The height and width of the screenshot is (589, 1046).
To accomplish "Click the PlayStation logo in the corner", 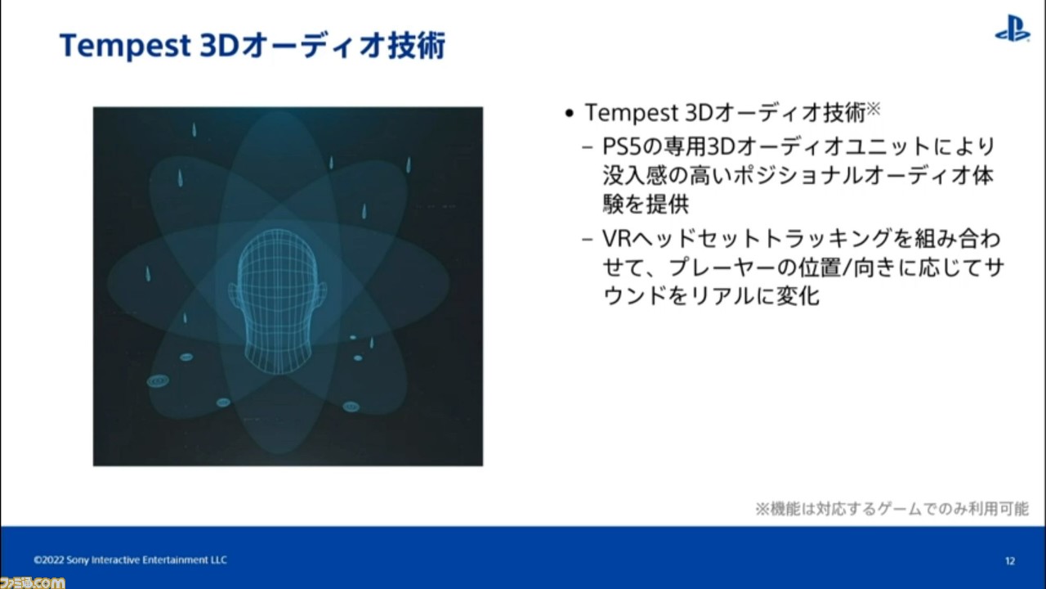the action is (1012, 28).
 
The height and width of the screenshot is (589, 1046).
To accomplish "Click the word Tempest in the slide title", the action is (125, 47).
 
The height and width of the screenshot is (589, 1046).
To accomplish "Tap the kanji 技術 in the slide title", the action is (417, 46).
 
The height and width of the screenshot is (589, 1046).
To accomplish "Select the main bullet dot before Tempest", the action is (569, 113).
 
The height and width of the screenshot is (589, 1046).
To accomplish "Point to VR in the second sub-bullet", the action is (616, 239).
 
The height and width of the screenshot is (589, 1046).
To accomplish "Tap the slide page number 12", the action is (1010, 560).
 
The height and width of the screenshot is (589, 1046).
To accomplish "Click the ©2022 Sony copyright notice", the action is (130, 560).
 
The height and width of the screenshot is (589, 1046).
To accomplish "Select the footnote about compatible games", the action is (892, 509).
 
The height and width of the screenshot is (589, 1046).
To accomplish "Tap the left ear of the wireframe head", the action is (233, 294).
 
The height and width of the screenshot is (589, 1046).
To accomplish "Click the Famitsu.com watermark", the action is (32, 582).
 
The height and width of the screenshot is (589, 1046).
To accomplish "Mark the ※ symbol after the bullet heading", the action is (874, 109).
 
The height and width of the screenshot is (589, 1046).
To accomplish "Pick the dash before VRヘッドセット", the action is (588, 240).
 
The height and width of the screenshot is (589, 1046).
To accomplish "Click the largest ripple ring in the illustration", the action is (158, 381).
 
